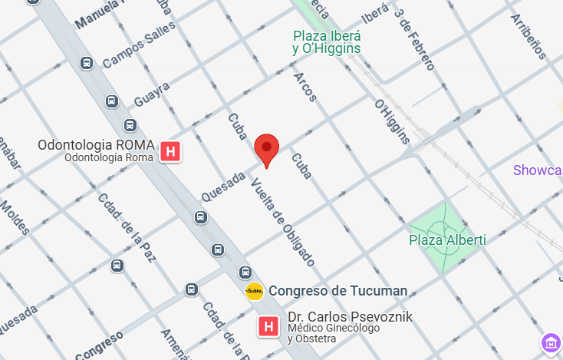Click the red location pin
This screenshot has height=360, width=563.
point(266,148)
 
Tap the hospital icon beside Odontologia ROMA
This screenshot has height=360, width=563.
point(171,151)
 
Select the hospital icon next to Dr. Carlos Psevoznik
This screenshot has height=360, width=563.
point(268,327)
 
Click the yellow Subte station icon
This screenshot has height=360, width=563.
point(255,291)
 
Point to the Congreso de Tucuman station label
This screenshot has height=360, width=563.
point(337,291)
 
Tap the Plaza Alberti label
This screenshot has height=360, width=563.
point(447,240)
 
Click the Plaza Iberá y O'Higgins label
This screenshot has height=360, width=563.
point(327,42)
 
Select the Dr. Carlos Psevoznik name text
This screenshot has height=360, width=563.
point(350,317)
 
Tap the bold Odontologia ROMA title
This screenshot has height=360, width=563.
point(97,145)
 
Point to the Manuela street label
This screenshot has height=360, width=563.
point(100,14)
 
